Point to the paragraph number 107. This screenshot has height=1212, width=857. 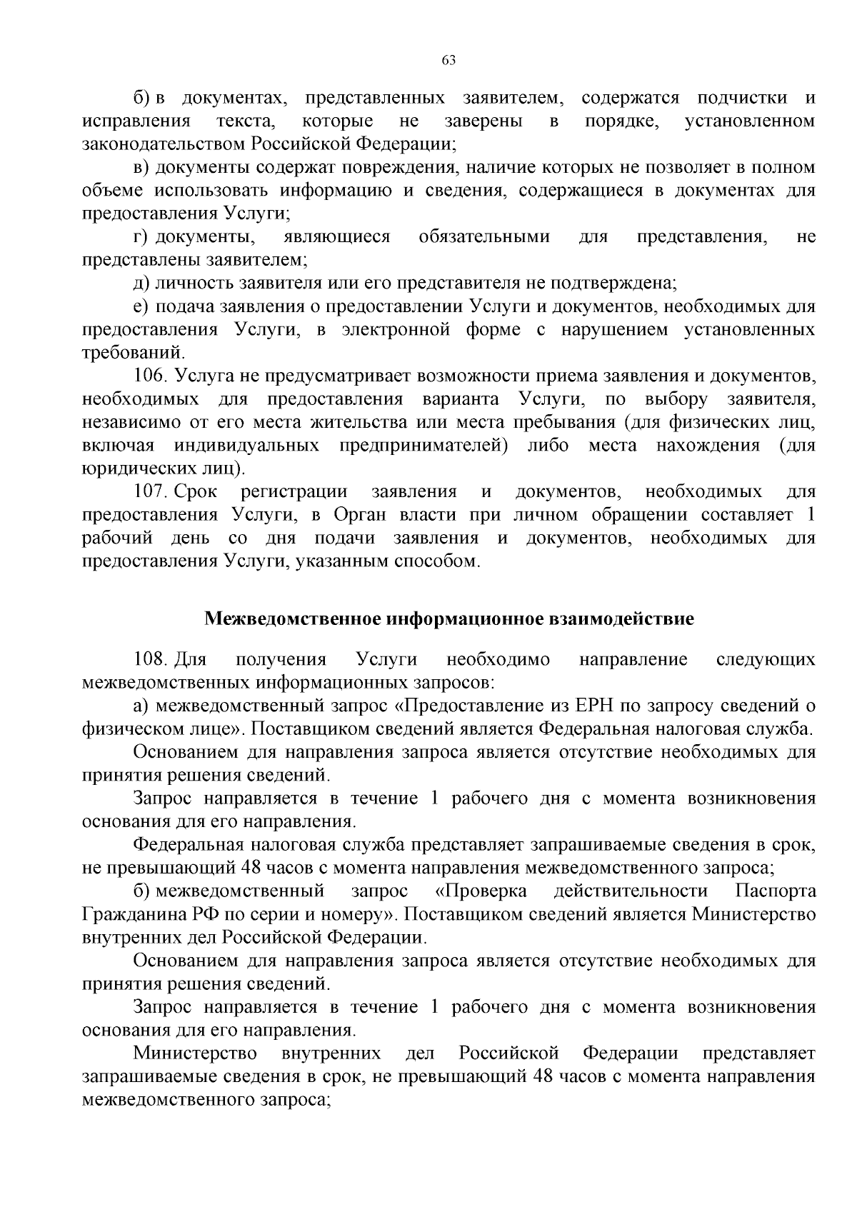[x=149, y=491]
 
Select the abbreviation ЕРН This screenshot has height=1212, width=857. [x=593, y=706]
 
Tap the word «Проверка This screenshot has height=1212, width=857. [x=481, y=891]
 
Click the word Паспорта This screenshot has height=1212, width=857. [x=775, y=891]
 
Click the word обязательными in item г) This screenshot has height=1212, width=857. [x=484, y=236]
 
